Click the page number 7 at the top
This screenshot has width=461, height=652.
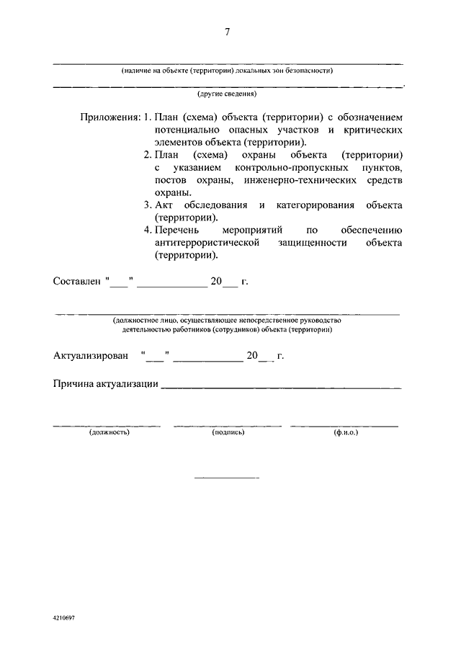228,32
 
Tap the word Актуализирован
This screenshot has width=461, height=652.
91,355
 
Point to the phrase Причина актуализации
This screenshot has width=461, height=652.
106,384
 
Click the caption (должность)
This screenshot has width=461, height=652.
109,433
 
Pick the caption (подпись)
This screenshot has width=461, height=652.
228,433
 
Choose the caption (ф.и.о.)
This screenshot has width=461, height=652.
346,433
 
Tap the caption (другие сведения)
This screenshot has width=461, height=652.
228,94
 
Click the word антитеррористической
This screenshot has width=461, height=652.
206,243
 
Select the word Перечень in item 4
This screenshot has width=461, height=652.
175,231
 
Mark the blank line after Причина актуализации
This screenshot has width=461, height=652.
282,387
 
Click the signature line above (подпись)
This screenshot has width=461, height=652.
228,426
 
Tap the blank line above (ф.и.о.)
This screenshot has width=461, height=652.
344,426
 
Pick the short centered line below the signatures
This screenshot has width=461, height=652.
227,478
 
